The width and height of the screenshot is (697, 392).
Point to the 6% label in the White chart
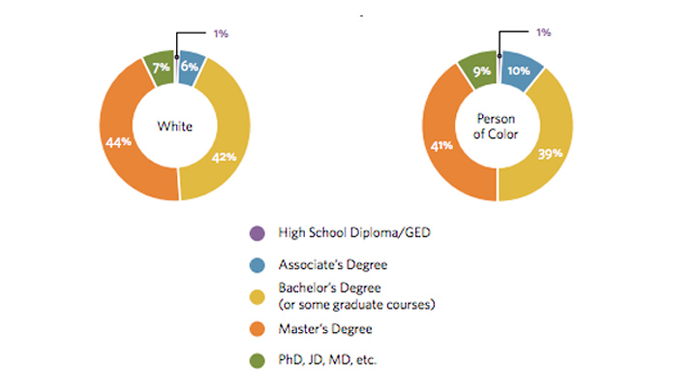pyautogui.click(x=189, y=66)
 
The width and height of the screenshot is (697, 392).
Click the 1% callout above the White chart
pyautogui.click(x=221, y=34)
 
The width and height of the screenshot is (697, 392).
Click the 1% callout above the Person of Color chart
pyautogui.click(x=543, y=33)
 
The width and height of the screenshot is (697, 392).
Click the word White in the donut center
pyautogui.click(x=176, y=126)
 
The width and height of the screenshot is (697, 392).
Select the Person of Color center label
pyautogui.click(x=498, y=125)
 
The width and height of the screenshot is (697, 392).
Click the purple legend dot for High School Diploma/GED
pyautogui.click(x=256, y=233)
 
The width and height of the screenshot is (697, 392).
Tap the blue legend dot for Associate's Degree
pyautogui.click(x=256, y=264)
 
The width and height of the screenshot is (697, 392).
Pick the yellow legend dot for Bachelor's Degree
pyautogui.click(x=256, y=294)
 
